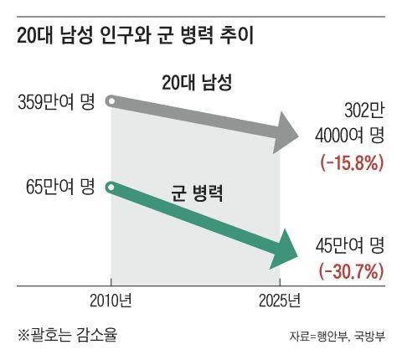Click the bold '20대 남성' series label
pyautogui.click(x=196, y=83)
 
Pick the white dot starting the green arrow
pyautogui.click(x=111, y=187)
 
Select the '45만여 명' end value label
pyautogui.click(x=351, y=245)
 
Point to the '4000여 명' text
pyautogui.click(x=351, y=134)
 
